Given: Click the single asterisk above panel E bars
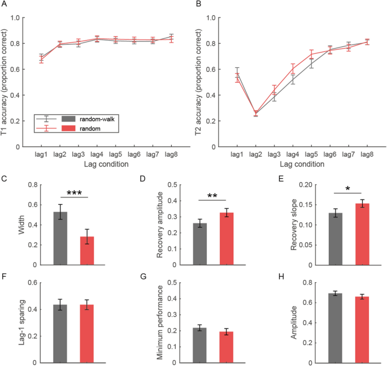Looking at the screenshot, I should tap(351, 187).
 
